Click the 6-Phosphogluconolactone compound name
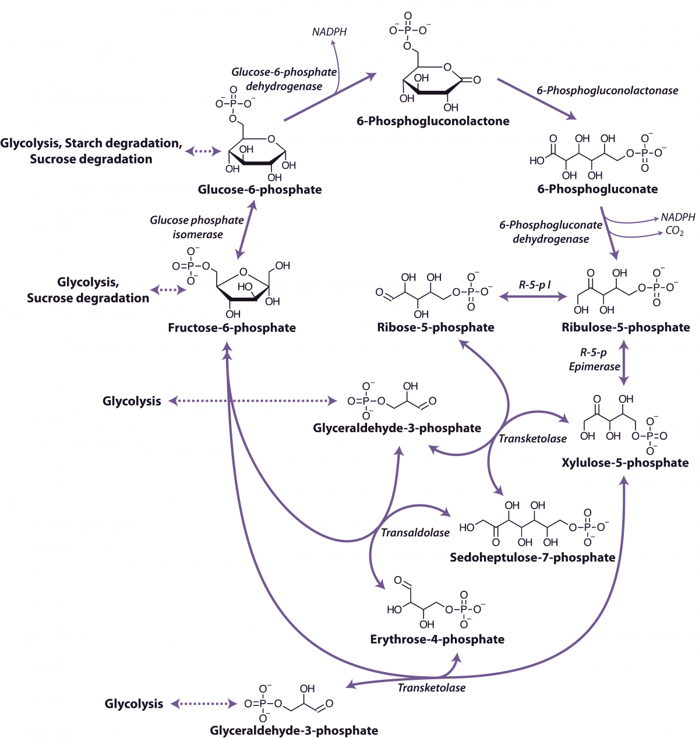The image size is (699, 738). [x=433, y=121]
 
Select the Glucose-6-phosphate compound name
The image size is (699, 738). [x=260, y=189]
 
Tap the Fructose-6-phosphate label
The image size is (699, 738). [x=232, y=328]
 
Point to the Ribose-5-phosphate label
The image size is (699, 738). [x=436, y=327]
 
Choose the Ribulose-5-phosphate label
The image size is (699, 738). [x=626, y=327]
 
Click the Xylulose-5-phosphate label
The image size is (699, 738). [x=625, y=462]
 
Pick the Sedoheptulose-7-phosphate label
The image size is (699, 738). [x=532, y=557]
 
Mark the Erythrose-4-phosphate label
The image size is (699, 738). [x=437, y=639]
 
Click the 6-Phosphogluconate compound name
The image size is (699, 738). [x=598, y=189]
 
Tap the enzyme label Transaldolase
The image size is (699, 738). [x=415, y=532]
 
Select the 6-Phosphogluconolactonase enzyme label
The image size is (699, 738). [x=608, y=90]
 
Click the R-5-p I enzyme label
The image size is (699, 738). [x=535, y=285]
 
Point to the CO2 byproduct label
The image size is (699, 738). [x=675, y=231]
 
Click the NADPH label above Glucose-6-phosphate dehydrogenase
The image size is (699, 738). [x=329, y=32]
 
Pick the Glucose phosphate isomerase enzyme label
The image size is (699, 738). [x=197, y=227]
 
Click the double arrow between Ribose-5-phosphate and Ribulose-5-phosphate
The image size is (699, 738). [x=533, y=297]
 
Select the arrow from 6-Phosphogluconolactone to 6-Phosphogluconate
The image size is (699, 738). [x=536, y=99]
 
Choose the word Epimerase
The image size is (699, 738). [x=594, y=366]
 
